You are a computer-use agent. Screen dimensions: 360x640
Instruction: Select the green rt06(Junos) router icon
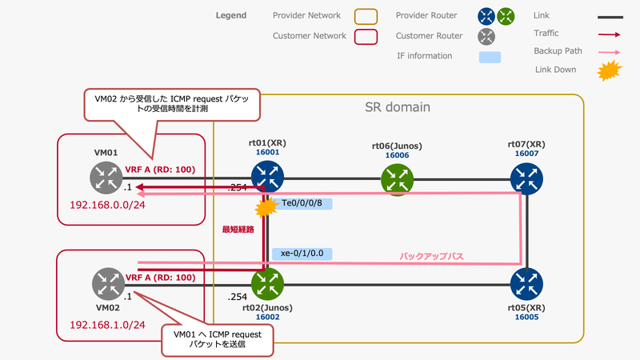pos(397,179)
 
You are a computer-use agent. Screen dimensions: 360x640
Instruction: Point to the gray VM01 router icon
pos(106,178)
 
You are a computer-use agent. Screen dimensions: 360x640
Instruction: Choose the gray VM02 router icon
pos(106,282)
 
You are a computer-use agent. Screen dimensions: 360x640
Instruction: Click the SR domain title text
pos(398,107)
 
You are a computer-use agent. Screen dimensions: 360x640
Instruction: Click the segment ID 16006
pos(397,155)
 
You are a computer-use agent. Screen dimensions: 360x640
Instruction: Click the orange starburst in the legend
pos(610,72)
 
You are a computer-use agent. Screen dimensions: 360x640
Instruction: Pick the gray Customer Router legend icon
pos(486,36)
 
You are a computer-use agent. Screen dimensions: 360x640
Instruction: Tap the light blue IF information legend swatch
pos(490,58)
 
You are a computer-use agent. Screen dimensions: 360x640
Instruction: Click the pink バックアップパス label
pos(432,258)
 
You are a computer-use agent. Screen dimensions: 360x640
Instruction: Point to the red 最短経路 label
pos(238,230)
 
